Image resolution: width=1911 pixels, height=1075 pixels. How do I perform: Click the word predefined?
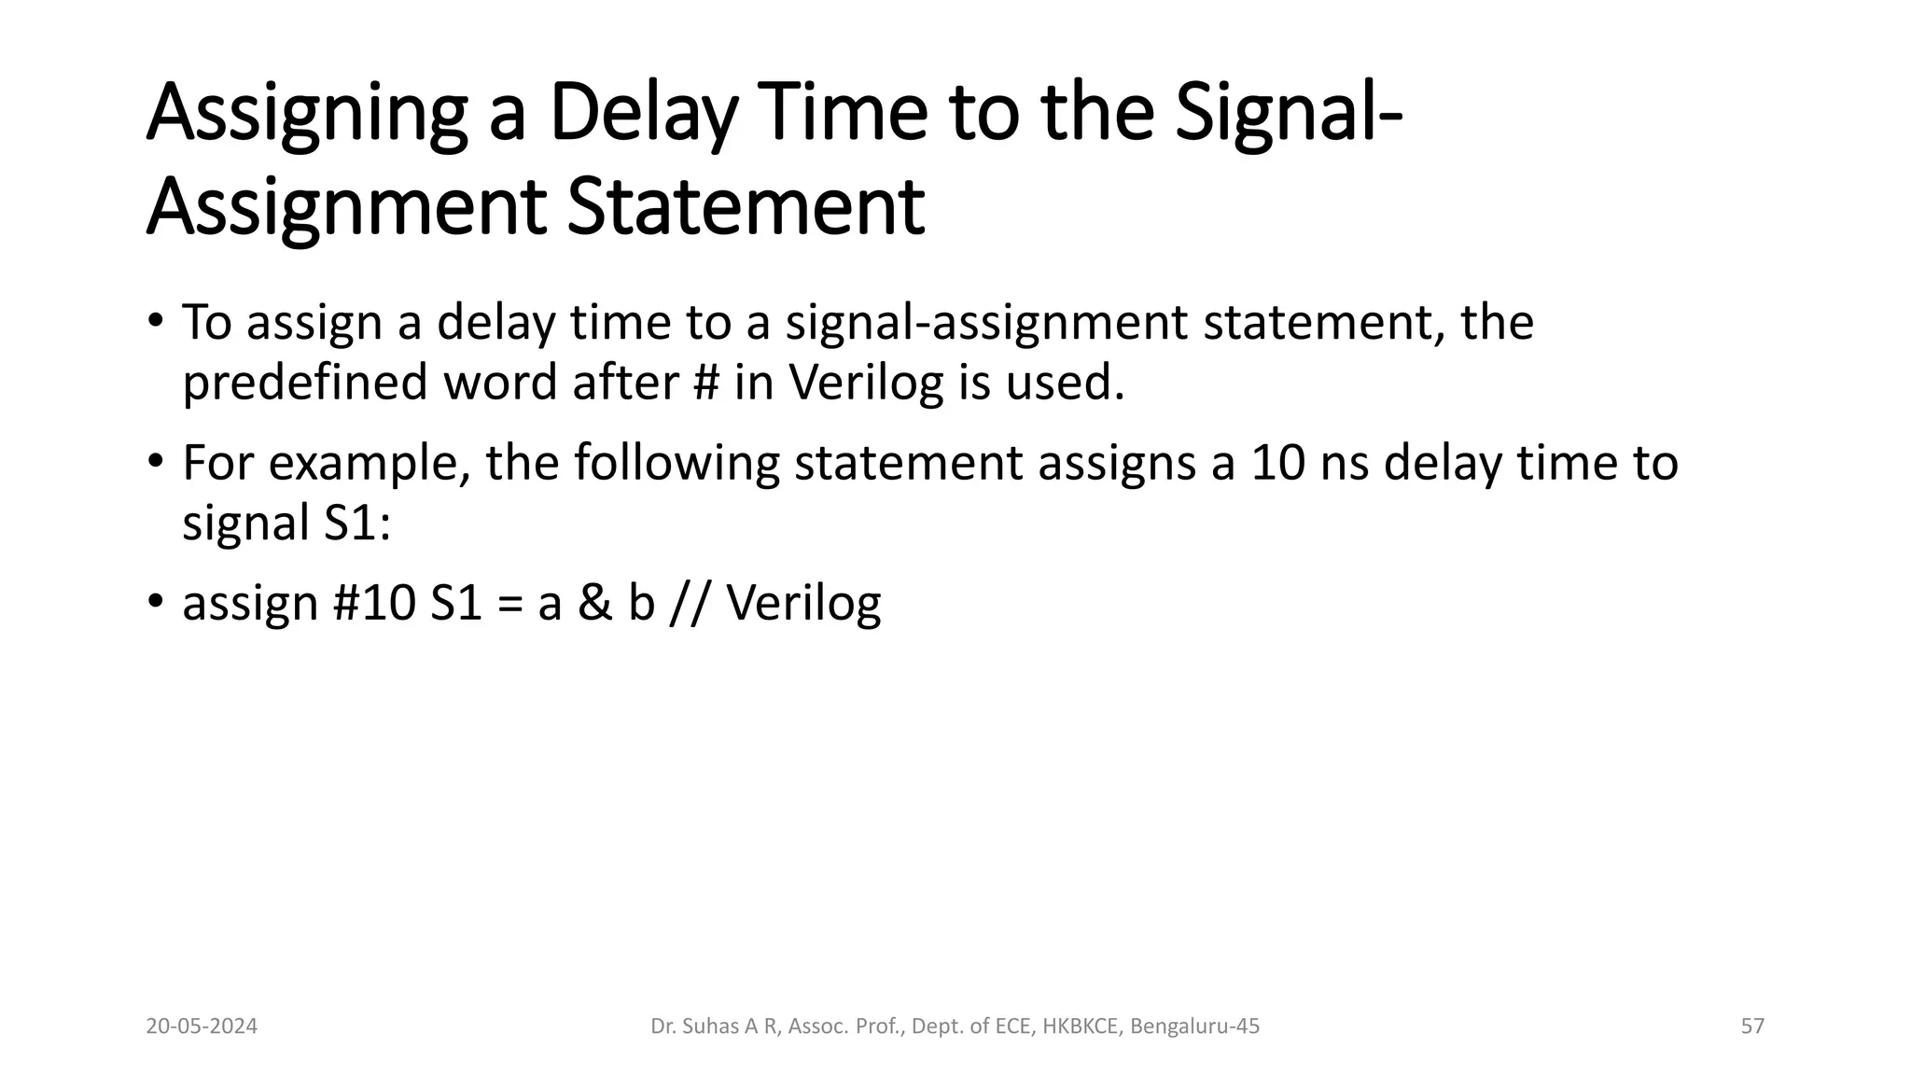(x=304, y=382)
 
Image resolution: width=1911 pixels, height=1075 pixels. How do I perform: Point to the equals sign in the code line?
(x=510, y=605)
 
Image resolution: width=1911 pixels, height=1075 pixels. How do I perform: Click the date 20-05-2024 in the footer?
(x=202, y=1026)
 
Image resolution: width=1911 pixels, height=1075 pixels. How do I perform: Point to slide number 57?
(x=1752, y=1026)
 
